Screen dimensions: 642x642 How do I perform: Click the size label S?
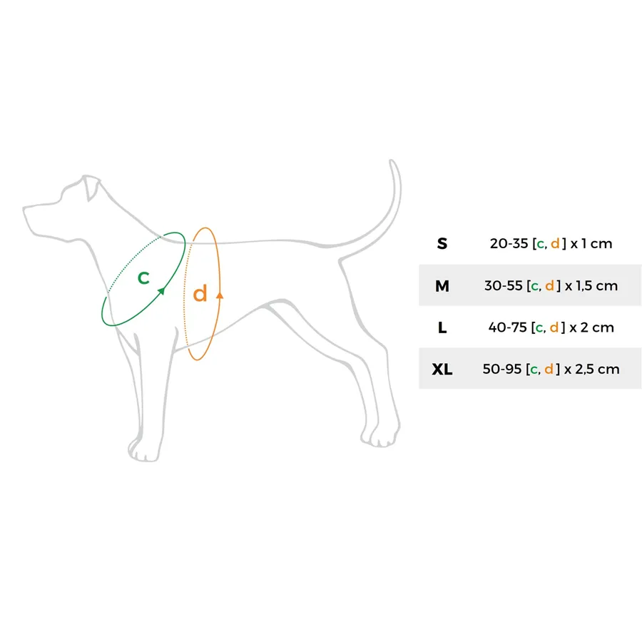coord(442,244)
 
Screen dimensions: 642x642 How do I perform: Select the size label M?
coord(442,286)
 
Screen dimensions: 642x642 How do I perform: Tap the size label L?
coord(442,327)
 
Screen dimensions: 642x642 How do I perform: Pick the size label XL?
coord(442,370)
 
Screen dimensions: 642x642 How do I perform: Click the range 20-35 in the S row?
coord(509,244)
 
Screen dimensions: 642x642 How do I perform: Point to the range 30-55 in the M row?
coord(503,286)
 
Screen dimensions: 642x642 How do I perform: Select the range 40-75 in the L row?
coord(508,327)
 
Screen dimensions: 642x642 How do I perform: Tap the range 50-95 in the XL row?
coord(502,370)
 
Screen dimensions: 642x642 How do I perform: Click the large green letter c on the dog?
coord(143,277)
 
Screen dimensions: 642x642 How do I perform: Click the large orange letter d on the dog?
coord(200,293)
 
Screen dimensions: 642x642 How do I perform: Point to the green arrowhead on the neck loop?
coord(161,291)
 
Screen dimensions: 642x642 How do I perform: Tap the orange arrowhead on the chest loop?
coord(220,295)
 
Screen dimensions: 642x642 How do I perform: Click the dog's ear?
coord(91,188)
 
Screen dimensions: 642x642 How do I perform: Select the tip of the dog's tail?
coord(392,161)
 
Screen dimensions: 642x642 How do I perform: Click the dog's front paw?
coord(143,450)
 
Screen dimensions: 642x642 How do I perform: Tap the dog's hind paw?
coord(379,435)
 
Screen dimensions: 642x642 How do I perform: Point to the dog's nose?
coord(26,209)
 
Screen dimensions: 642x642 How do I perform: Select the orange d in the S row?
coord(555,244)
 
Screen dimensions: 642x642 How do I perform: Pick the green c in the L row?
coord(540,328)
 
